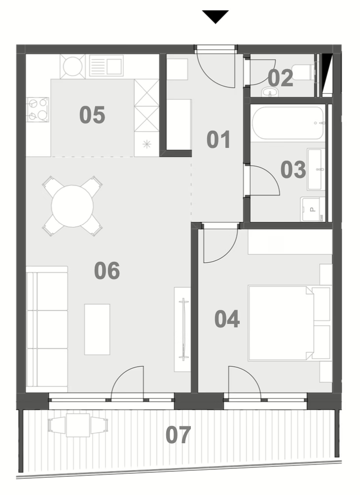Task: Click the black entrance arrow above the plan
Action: click(216, 16)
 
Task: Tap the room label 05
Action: click(92, 114)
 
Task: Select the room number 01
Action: click(218, 140)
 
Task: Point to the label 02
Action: click(281, 78)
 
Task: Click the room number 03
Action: click(293, 169)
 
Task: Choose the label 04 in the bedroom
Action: click(227, 319)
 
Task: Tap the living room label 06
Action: click(107, 271)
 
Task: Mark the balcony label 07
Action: click(179, 435)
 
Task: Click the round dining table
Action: click(72, 206)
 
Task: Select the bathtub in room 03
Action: click(288, 123)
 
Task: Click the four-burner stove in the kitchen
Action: click(37, 109)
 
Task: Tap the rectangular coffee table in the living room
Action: click(97, 329)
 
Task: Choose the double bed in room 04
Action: click(289, 323)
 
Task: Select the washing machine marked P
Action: click(313, 209)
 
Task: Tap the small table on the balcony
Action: click(78, 425)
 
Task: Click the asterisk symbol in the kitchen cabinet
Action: click(147, 144)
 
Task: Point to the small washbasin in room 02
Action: click(270, 92)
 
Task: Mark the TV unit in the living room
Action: click(182, 329)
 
